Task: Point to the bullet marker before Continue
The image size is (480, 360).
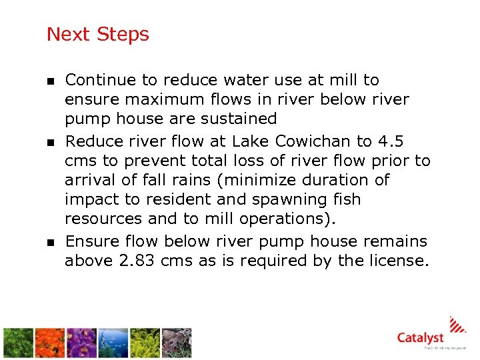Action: (50, 81)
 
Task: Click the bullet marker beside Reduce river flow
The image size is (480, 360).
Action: (50, 143)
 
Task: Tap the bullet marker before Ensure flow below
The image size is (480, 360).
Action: (50, 243)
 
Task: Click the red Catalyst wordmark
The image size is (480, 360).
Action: (420, 338)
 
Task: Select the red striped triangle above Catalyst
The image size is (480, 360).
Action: (458, 324)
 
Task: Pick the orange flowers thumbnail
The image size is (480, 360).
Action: (50, 343)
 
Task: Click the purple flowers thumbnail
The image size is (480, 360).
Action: (81, 343)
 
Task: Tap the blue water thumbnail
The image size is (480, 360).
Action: (113, 343)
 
